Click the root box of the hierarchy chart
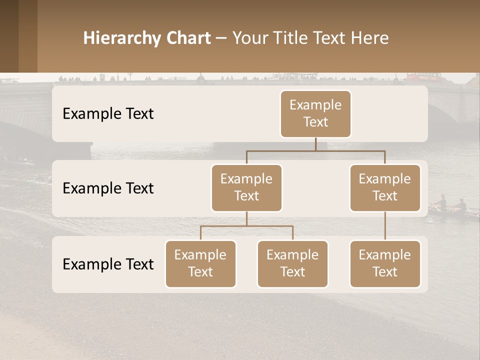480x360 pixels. click(x=315, y=114)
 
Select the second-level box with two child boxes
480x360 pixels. click(x=246, y=188)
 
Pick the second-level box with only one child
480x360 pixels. click(x=385, y=188)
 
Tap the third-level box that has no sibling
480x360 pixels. click(x=385, y=264)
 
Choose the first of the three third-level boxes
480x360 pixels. click(x=200, y=264)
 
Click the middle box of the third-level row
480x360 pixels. click(x=292, y=264)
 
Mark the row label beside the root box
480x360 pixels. click(x=108, y=114)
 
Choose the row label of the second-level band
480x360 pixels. click(x=108, y=188)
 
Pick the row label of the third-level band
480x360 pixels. click(x=108, y=264)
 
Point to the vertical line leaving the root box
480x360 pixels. click(x=315, y=144)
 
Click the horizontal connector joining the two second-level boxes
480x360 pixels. click(x=315, y=150)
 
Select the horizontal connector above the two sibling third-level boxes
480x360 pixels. click(x=246, y=226)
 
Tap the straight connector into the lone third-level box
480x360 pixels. click(x=385, y=226)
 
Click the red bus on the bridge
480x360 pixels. click(x=422, y=77)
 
